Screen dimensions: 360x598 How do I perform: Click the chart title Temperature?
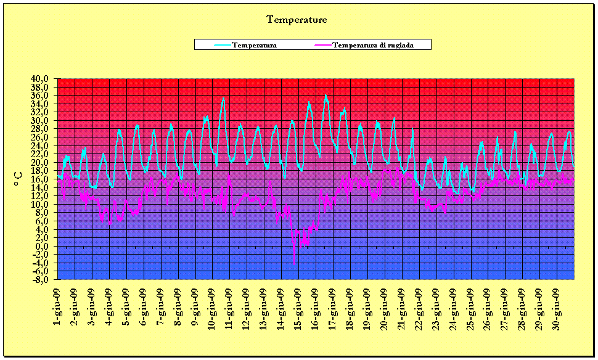297,20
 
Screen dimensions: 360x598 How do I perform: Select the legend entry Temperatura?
254,45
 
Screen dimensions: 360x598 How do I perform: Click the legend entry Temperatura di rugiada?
374,45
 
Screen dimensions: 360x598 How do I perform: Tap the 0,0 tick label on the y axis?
44,247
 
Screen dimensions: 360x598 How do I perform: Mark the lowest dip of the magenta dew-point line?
294,264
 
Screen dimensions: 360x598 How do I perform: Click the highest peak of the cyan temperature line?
326,95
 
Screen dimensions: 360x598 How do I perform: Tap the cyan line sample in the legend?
223,45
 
